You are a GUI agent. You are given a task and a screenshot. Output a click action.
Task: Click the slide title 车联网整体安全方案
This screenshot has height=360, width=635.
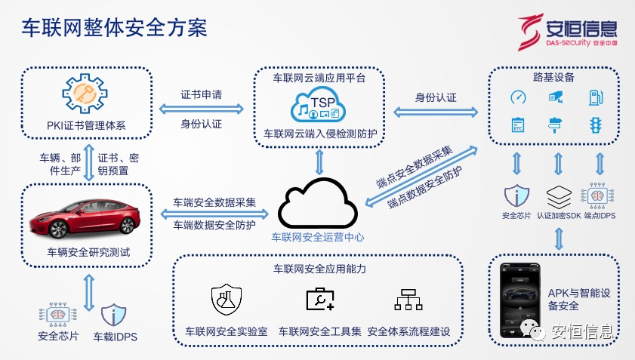[x=113, y=29]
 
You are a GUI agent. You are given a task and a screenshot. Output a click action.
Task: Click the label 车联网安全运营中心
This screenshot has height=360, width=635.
[x=318, y=237]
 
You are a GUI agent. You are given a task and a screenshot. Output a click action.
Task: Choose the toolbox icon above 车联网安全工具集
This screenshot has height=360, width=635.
[x=319, y=300]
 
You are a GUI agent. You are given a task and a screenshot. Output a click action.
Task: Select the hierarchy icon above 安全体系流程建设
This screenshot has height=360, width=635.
[x=408, y=300]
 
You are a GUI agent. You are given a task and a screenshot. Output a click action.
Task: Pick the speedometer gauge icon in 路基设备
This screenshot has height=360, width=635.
[x=518, y=97]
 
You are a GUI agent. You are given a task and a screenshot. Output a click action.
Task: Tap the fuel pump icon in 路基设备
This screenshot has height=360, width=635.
[x=595, y=97]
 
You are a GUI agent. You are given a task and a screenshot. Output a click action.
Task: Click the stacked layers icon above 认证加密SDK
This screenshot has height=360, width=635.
[x=558, y=197]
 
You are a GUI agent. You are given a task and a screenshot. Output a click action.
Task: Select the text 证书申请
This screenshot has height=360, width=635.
[x=201, y=96]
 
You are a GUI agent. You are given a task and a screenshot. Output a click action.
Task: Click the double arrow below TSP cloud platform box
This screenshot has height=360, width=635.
[x=319, y=161]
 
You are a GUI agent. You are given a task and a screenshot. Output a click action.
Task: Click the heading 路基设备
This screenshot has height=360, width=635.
[x=553, y=77]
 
